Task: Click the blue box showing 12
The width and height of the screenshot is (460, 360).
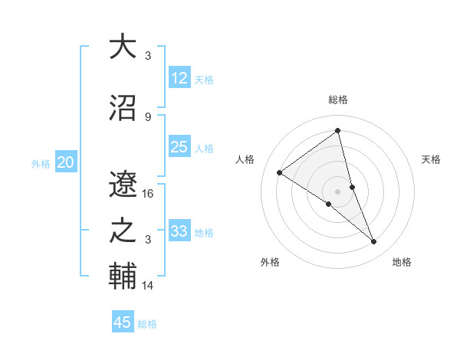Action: (179, 78)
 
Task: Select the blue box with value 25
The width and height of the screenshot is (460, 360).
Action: (179, 147)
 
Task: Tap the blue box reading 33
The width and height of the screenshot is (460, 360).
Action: (179, 231)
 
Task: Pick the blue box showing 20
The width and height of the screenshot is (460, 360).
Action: (66, 162)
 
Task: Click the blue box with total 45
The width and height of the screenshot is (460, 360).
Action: (123, 322)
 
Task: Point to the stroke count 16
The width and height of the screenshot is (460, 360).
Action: (148, 194)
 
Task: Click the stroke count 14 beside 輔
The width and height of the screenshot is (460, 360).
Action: (148, 286)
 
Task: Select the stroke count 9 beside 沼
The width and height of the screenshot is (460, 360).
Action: (148, 116)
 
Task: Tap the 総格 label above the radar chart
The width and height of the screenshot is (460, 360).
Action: (338, 100)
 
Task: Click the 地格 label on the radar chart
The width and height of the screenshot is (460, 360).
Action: (402, 262)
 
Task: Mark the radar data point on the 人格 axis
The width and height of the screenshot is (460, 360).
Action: (280, 172)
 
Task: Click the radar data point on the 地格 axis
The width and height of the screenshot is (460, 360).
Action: (374, 242)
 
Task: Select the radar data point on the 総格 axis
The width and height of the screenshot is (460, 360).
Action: (338, 131)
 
